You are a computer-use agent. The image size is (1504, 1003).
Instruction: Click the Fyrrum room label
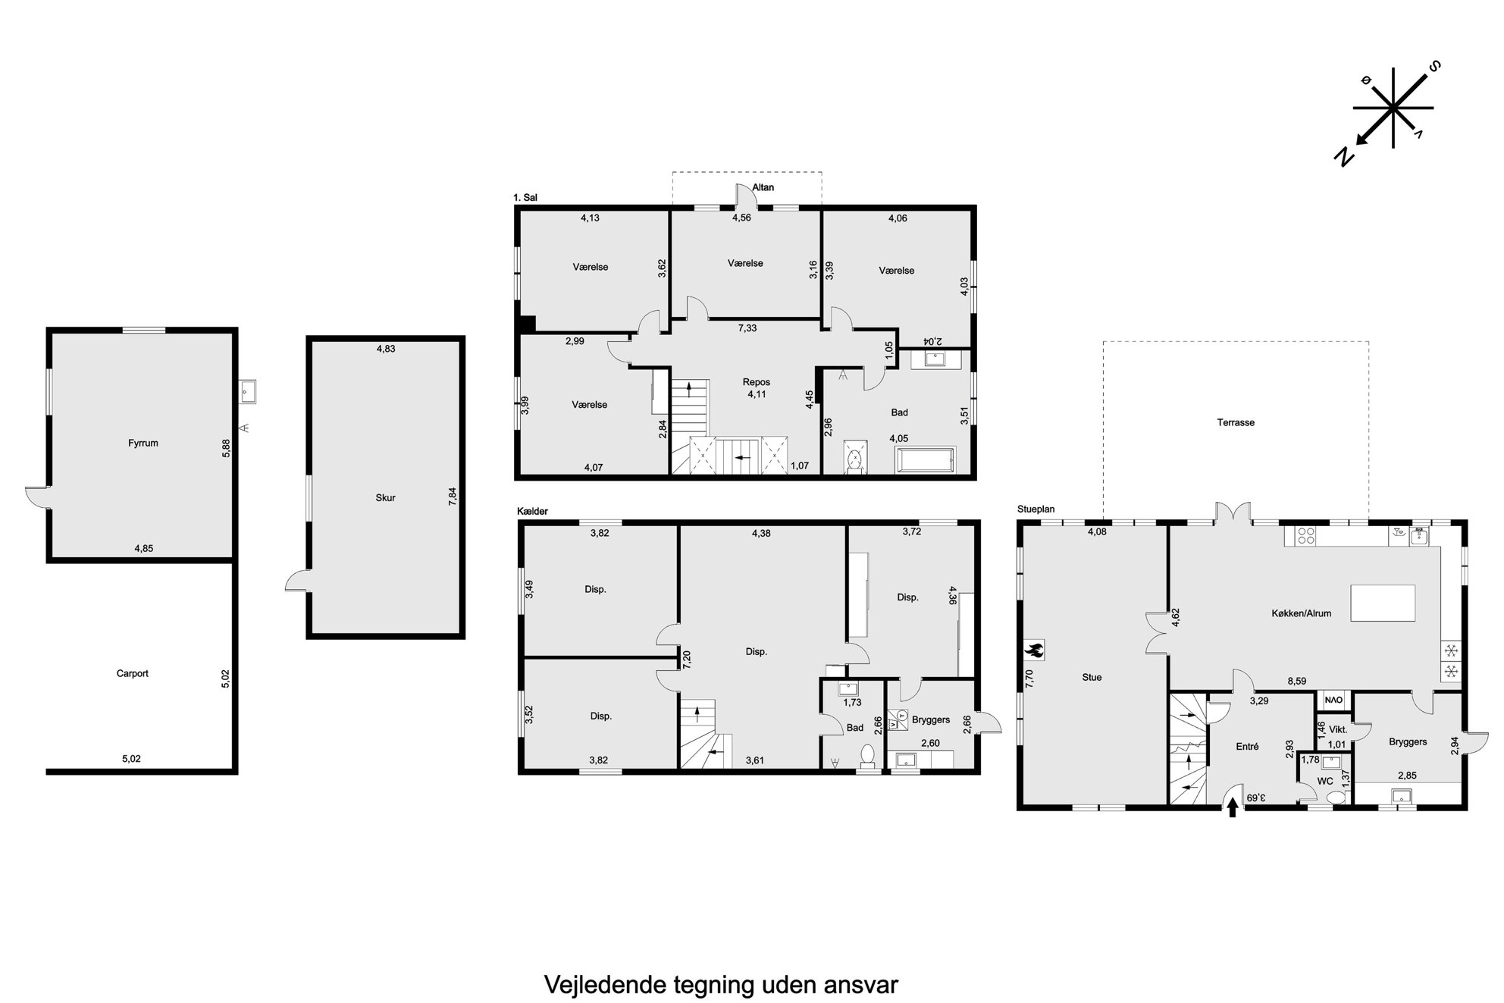tap(143, 444)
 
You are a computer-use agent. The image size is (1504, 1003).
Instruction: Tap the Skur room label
tap(385, 498)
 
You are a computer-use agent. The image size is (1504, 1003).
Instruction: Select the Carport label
tap(133, 673)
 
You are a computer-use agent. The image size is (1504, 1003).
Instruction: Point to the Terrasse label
tap(1236, 422)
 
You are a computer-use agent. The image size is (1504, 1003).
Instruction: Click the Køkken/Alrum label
tap(1301, 613)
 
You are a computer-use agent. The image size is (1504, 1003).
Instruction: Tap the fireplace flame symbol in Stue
tap(1034, 649)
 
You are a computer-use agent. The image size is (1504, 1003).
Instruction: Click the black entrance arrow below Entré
tap(1232, 809)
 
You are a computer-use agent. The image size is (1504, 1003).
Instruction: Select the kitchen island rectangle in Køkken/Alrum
tap(1383, 603)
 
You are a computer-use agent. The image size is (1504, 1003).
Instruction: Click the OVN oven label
tap(1333, 700)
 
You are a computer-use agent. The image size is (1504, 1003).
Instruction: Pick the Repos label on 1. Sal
tap(757, 383)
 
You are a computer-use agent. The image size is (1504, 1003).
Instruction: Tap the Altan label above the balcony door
tap(763, 187)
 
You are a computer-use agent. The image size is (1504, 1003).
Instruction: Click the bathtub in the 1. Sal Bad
tap(926, 460)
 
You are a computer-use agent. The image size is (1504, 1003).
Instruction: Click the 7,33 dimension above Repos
tap(747, 328)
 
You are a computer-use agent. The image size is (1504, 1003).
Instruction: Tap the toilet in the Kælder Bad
tap(868, 757)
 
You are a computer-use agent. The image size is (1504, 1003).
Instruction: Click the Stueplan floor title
tap(1036, 509)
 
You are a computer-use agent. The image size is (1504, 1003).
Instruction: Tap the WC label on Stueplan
tap(1325, 781)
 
